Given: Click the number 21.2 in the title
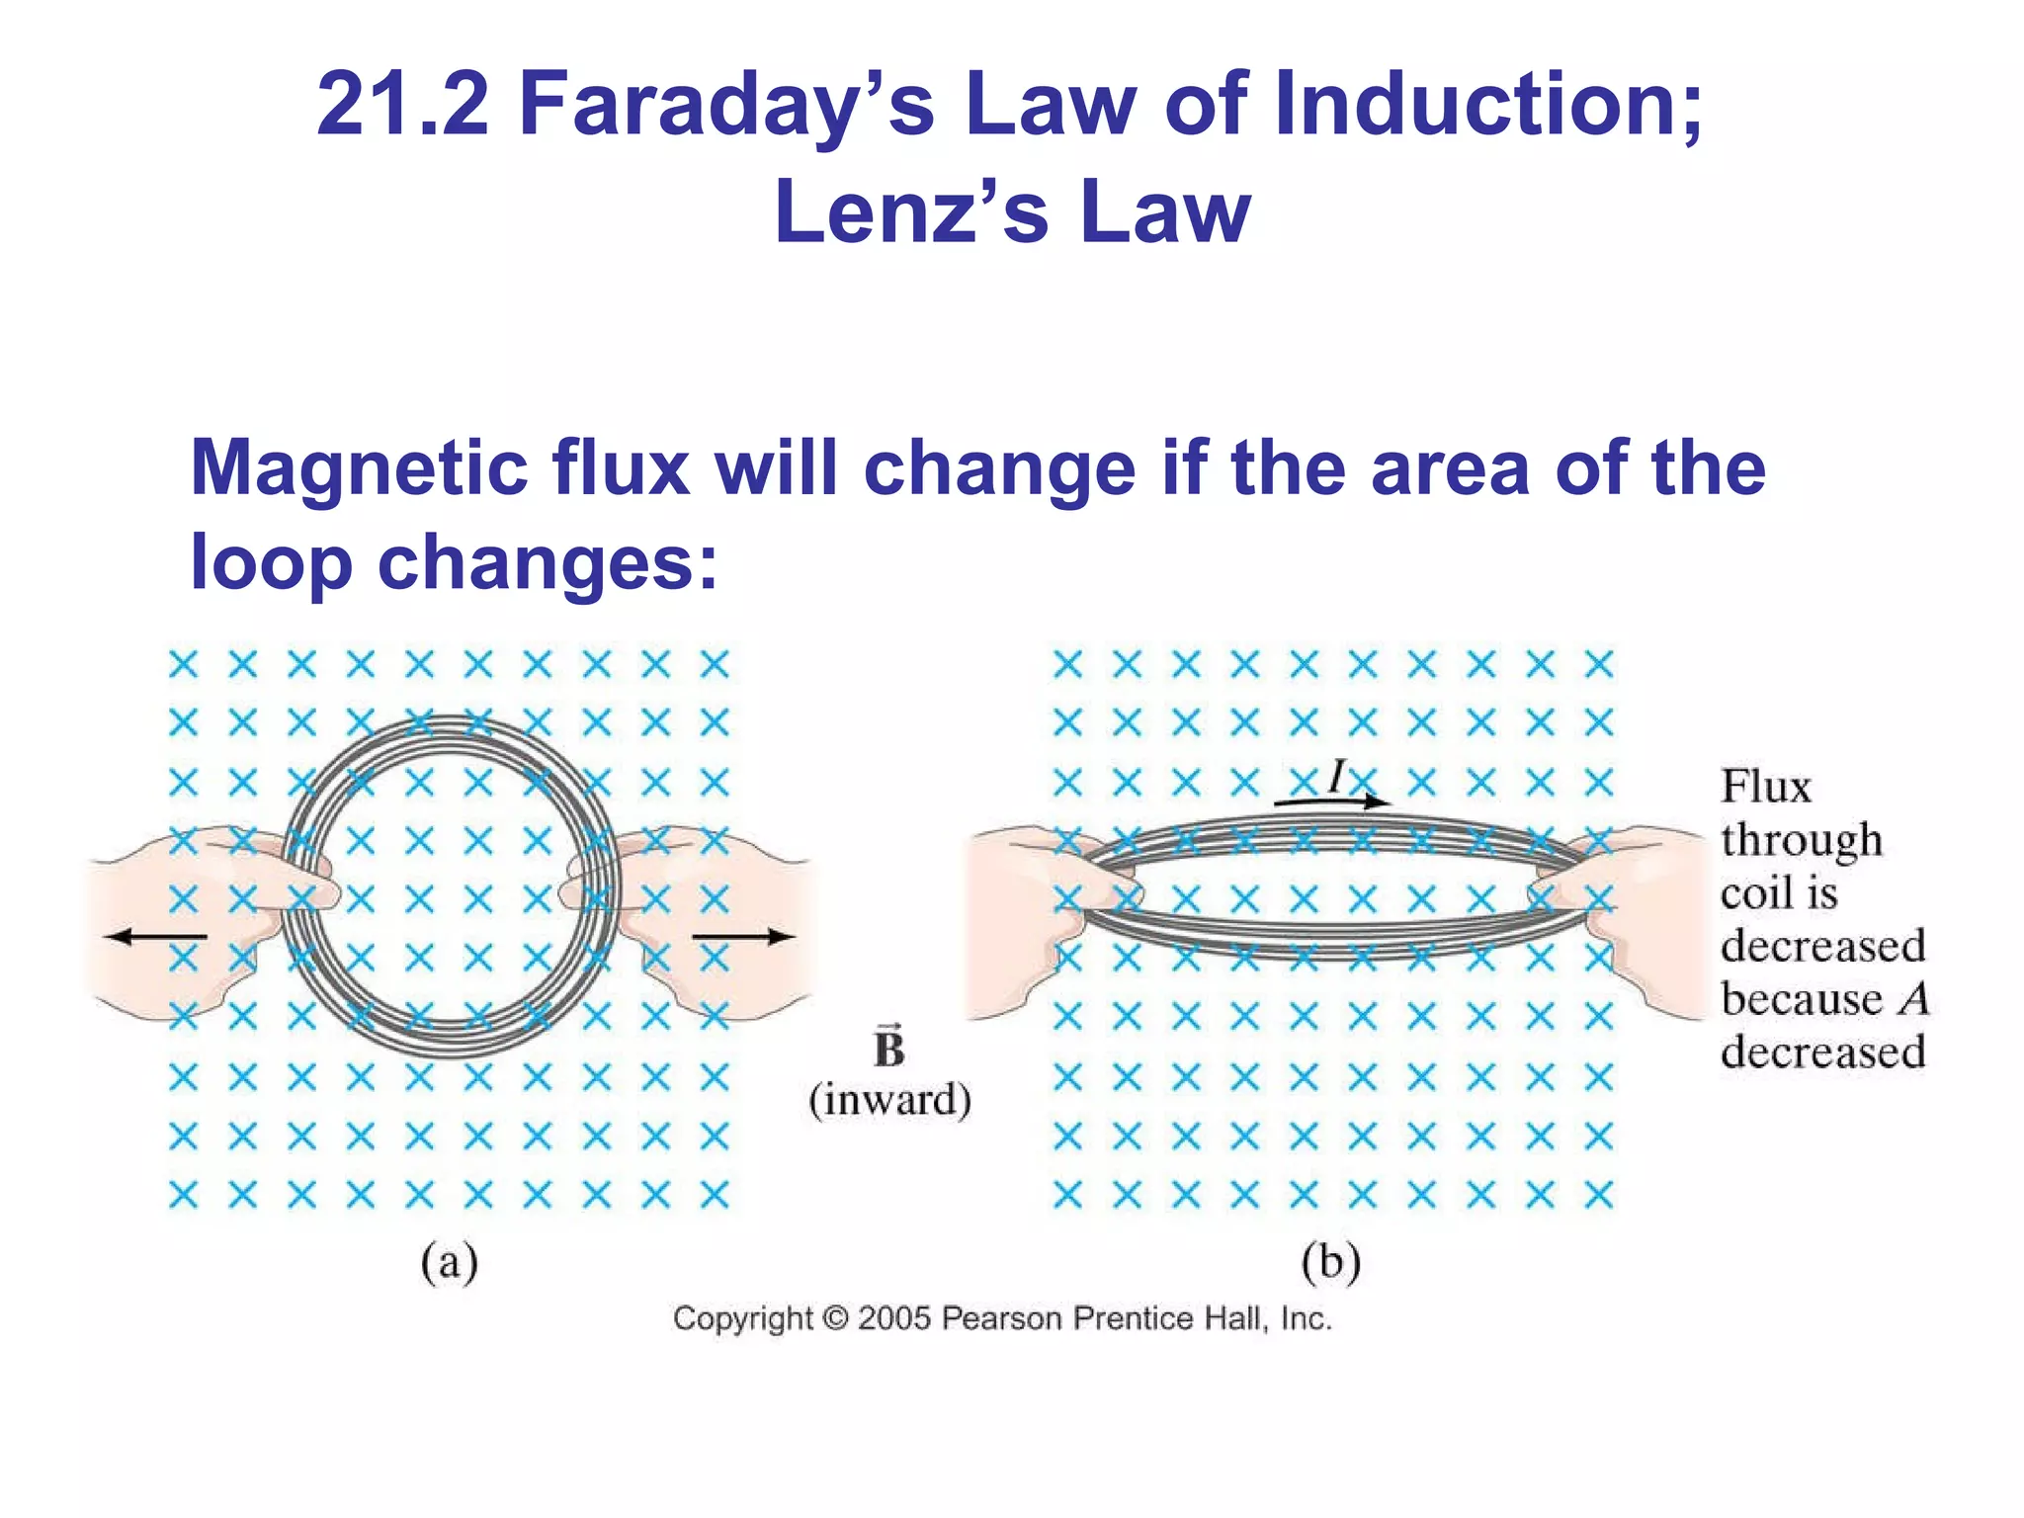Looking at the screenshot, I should click(402, 105).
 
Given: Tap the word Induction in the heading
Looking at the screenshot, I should click(1488, 105).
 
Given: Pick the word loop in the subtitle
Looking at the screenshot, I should click(270, 561).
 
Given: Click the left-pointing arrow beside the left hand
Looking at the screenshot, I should click(157, 936).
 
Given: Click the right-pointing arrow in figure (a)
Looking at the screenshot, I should click(742, 936).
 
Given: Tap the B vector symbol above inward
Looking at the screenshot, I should click(888, 1048).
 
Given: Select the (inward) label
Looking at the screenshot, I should click(889, 1100).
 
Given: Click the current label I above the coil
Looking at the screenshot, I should click(1337, 776).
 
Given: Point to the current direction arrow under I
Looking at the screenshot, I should click(1330, 801).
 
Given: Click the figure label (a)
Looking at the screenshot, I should click(450, 1263).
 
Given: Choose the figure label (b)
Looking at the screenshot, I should click(1330, 1263).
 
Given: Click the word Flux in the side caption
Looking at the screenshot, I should click(1766, 788).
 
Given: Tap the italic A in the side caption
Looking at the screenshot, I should click(1913, 999).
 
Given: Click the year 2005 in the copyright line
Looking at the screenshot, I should click(893, 1318).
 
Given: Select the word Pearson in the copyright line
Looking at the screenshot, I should click(1002, 1318).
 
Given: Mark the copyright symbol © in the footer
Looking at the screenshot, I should click(835, 1318).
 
